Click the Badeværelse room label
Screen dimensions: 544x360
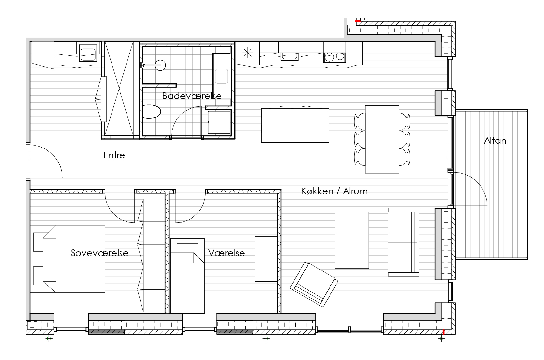[x=192, y=96]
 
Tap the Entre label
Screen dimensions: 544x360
[x=114, y=155]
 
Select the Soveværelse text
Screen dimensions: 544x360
[x=99, y=253]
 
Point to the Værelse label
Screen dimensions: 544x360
[x=227, y=253]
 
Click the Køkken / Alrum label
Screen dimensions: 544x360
[x=334, y=191]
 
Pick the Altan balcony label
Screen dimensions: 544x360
[x=495, y=141]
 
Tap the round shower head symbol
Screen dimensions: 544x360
[x=160, y=65]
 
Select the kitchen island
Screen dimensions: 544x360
[x=295, y=126]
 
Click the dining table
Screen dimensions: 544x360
[x=382, y=139]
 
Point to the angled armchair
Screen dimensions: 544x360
[x=314, y=284]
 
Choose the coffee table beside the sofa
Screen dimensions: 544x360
[x=352, y=240]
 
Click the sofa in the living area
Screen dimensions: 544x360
[x=404, y=242]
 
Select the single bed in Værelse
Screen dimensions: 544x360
[x=187, y=276]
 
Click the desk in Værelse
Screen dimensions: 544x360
[x=266, y=259]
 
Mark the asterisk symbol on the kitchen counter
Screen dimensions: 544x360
[x=248, y=53]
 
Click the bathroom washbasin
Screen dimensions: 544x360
[x=221, y=76]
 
